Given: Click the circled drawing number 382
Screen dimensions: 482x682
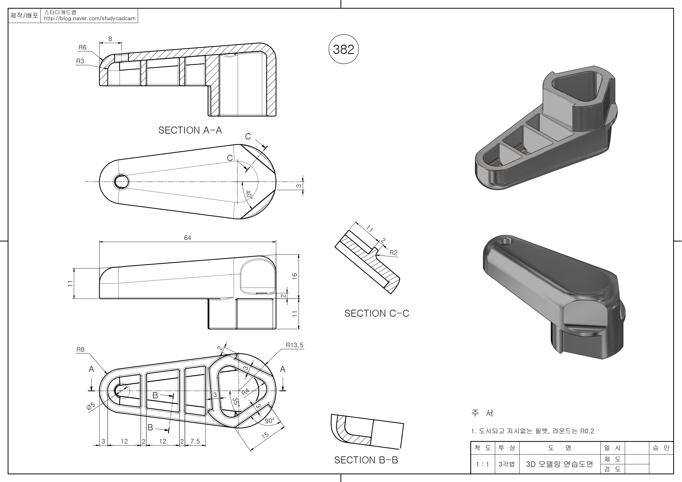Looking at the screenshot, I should click(x=343, y=49).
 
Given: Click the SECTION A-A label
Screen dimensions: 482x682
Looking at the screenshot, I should click(x=190, y=130).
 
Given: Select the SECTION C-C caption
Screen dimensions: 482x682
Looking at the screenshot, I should click(x=377, y=313).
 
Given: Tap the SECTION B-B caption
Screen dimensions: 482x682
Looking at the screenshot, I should click(x=366, y=460).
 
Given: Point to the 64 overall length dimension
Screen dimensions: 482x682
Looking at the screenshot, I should click(x=187, y=238).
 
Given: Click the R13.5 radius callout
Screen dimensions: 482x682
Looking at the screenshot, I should click(x=294, y=345).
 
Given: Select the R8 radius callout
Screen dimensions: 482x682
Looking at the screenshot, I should click(x=80, y=350).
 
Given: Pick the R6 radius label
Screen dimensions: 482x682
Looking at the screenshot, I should click(x=82, y=48).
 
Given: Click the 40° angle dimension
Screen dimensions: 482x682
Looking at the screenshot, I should click(x=249, y=195).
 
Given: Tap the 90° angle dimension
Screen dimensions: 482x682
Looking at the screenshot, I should click(x=269, y=421).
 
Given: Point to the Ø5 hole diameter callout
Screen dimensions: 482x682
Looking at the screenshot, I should click(x=91, y=406).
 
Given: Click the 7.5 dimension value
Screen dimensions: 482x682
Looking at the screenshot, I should click(x=195, y=441).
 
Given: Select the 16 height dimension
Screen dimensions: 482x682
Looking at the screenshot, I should click(x=294, y=276).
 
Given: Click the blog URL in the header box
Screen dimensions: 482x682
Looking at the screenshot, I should click(x=90, y=18).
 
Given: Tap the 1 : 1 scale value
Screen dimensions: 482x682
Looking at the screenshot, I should click(x=482, y=464).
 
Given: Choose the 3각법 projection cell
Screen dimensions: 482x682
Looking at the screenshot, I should click(x=506, y=464).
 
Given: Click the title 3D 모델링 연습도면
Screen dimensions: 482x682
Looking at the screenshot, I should click(x=559, y=464).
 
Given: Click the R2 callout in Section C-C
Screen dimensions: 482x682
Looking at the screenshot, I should click(x=393, y=253).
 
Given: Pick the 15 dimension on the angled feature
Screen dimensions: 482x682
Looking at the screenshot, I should click(x=265, y=435).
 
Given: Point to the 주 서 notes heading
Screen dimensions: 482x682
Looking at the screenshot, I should click(x=482, y=413).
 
